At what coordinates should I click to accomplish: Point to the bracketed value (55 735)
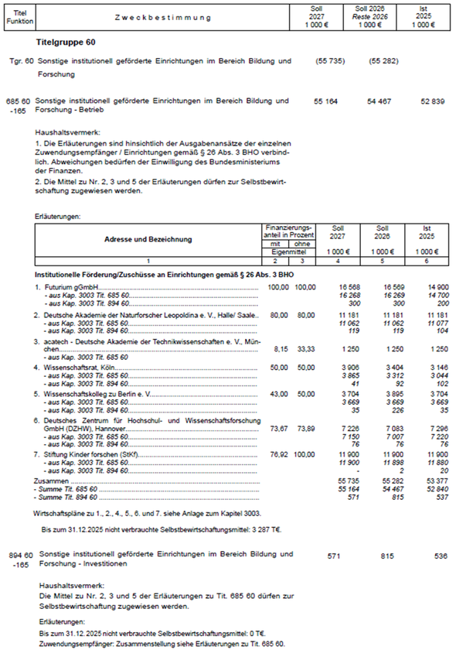(x=331, y=60)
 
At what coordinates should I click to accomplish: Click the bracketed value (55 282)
(x=385, y=60)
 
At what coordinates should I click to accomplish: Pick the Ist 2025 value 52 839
(x=434, y=101)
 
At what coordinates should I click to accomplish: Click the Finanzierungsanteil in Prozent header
(x=288, y=231)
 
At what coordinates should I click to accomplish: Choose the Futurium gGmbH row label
(x=77, y=288)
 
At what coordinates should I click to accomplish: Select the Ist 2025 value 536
(x=440, y=555)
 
